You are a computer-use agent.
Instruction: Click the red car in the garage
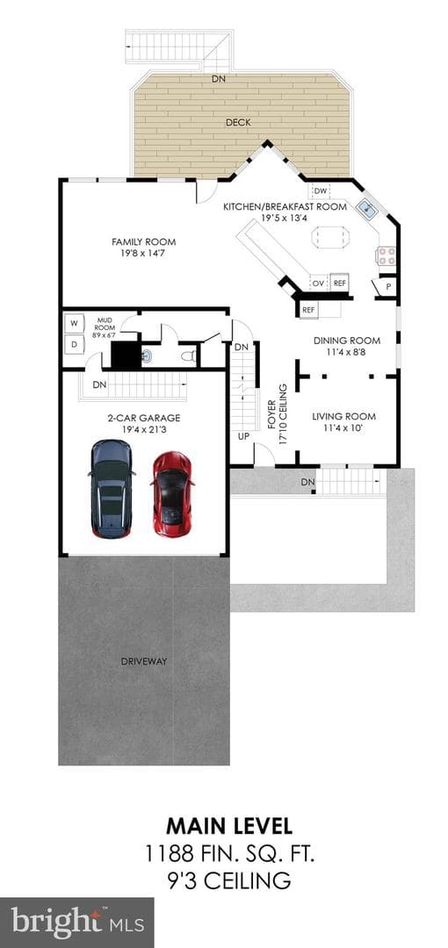pos(172,494)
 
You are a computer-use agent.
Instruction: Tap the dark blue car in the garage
pos(111,489)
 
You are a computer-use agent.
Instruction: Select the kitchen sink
pos(366,209)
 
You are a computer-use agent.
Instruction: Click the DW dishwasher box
pos(321,191)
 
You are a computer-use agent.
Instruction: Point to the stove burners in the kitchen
pos(387,255)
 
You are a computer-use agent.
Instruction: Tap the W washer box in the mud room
pos(75,323)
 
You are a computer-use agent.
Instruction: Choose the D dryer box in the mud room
pos(75,345)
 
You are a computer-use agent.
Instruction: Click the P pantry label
pos(387,286)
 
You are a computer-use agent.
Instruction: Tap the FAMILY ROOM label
pos(143,242)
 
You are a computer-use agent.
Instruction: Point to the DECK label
pos(238,123)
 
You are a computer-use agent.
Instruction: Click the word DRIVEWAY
pos(143,662)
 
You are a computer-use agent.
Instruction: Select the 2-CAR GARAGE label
pos(143,418)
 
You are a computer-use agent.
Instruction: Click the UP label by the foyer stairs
pos(243,435)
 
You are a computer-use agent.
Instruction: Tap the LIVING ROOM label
pos(343,416)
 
